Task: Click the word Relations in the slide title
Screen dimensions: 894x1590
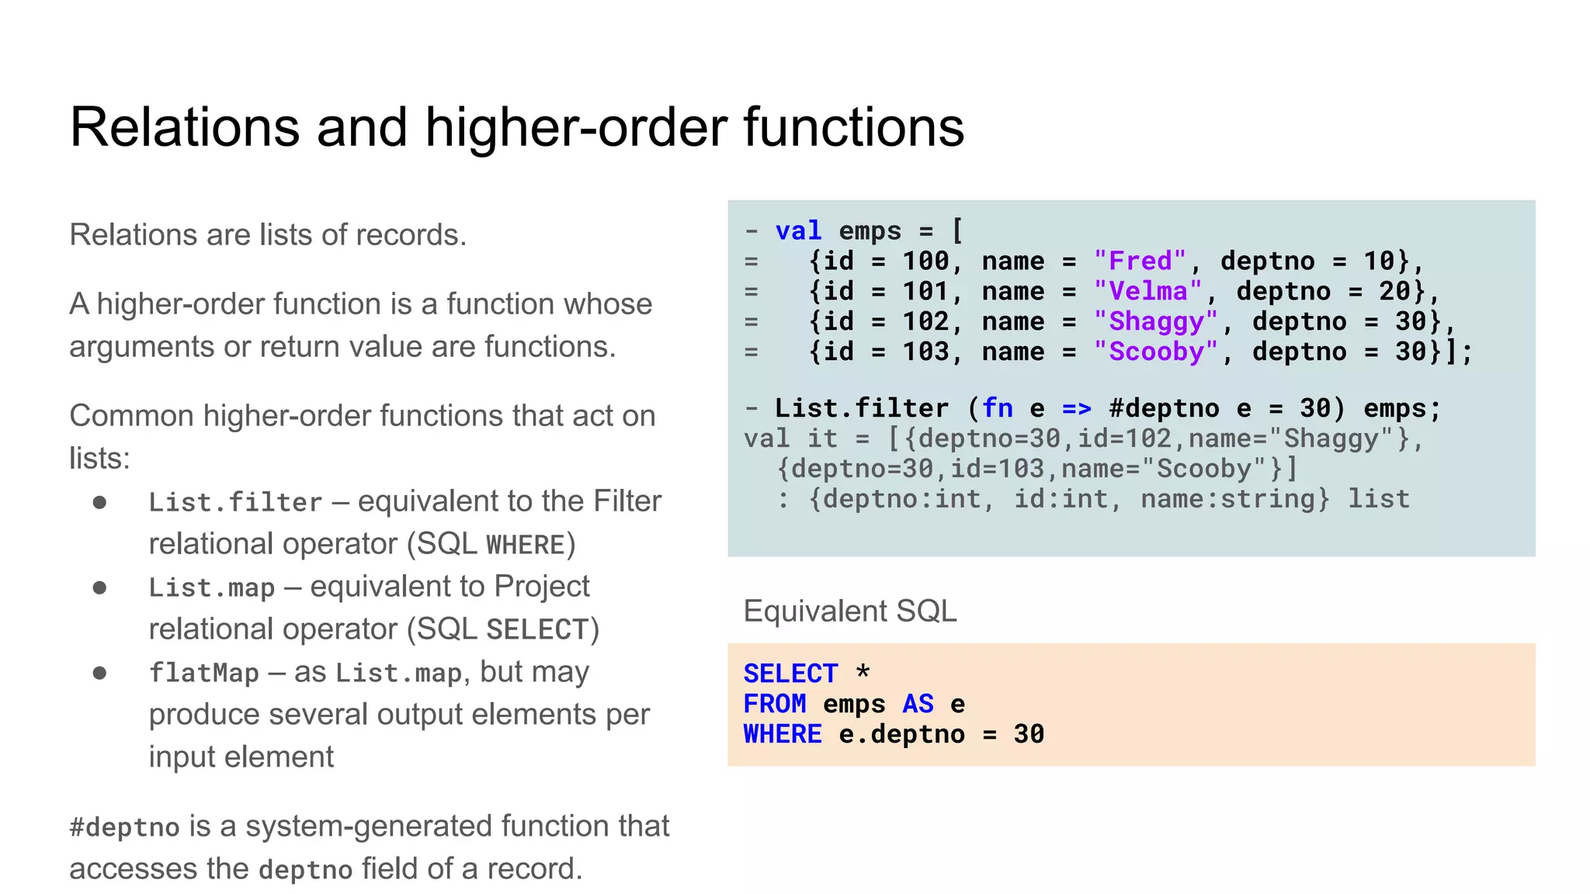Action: point(184,127)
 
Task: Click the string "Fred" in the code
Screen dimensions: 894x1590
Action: point(1140,262)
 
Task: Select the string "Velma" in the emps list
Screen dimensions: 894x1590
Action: point(1147,292)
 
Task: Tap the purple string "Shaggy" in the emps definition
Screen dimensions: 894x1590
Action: point(1155,322)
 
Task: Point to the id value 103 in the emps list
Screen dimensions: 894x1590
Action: point(925,352)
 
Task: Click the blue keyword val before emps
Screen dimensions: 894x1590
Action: point(798,231)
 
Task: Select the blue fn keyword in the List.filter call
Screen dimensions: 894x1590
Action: point(997,409)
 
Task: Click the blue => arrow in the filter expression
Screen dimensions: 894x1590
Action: point(1076,409)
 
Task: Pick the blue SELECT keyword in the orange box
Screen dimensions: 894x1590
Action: point(790,674)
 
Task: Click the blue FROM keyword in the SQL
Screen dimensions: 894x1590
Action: point(775,704)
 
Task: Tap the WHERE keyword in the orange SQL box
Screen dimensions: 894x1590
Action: point(783,734)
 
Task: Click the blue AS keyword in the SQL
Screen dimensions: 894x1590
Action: point(918,704)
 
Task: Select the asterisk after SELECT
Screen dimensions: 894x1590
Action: point(863,672)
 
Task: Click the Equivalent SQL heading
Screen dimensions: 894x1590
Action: point(849,612)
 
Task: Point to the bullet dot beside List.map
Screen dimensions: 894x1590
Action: point(99,587)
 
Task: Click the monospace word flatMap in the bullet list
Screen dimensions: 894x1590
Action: point(203,673)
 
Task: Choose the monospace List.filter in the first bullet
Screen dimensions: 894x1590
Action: point(235,502)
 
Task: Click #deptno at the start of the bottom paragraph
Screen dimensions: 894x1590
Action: point(124,827)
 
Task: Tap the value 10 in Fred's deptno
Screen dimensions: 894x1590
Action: point(1379,262)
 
